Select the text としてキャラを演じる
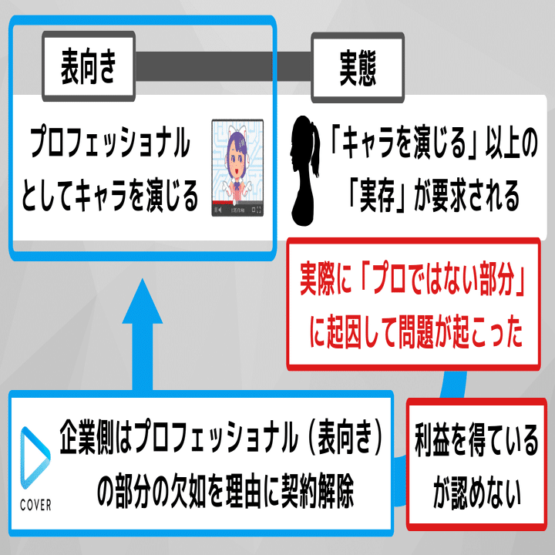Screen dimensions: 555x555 [x=113, y=196]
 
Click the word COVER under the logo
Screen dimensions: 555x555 [x=32, y=506]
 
